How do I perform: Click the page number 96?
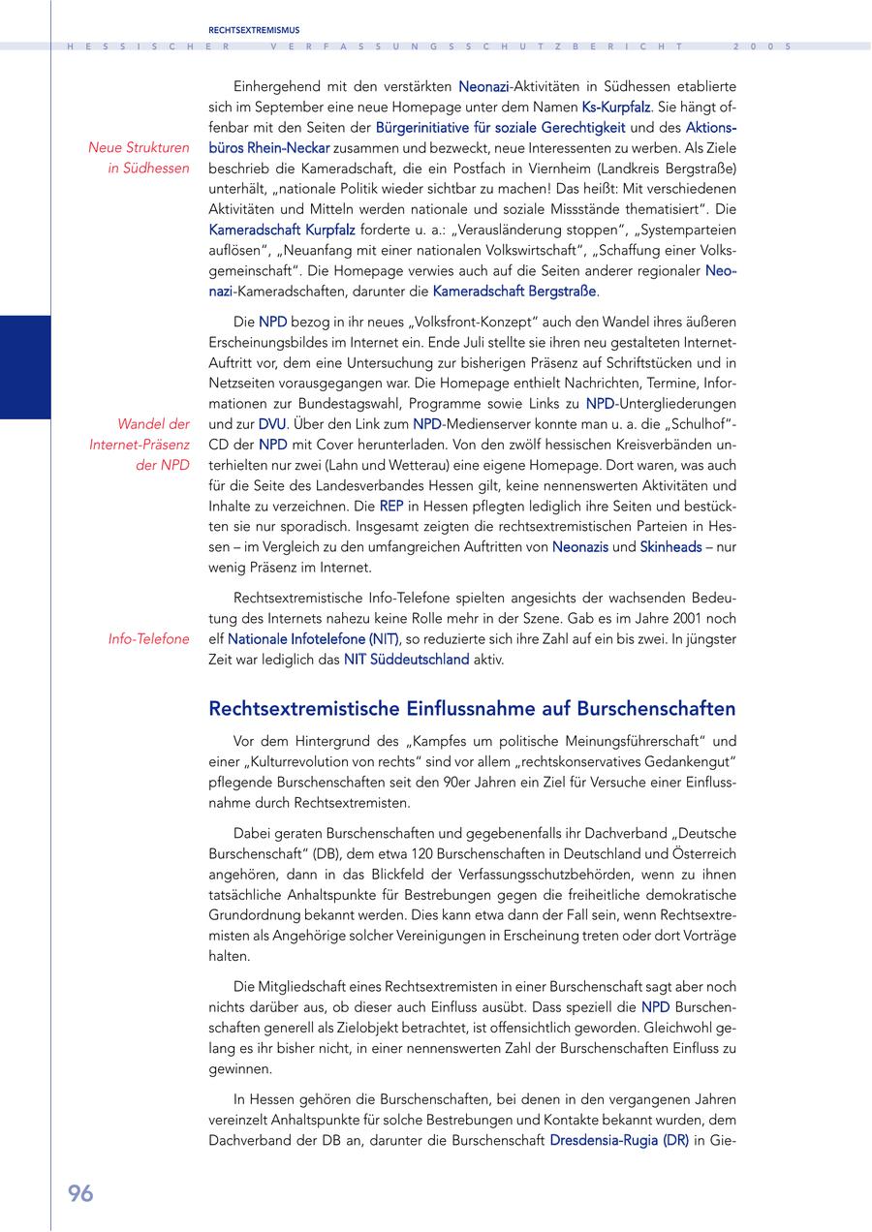click(80, 1193)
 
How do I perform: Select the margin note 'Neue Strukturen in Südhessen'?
click(139, 158)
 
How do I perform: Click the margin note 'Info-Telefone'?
click(149, 639)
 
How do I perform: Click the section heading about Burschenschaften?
click(472, 709)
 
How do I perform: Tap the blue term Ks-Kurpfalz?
click(615, 107)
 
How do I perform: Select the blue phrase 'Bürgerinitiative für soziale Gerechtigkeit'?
click(501, 127)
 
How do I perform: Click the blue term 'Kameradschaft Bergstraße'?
click(514, 291)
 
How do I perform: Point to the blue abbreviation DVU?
click(271, 424)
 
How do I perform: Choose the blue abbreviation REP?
click(391, 506)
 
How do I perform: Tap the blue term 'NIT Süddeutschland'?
click(406, 660)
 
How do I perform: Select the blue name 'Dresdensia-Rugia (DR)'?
click(618, 1140)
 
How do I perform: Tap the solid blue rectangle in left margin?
click(25, 367)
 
